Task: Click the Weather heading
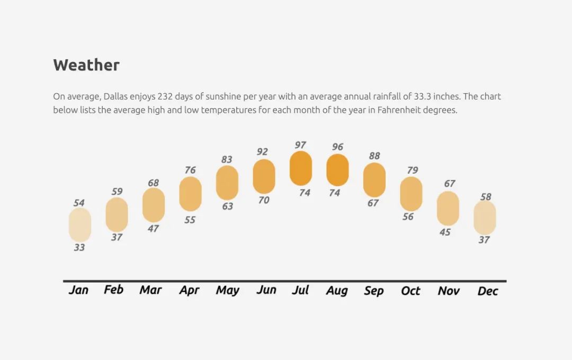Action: click(x=86, y=65)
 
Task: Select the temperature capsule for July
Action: click(x=301, y=168)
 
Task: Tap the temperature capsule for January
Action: click(x=80, y=224)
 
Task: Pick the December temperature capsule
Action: click(x=485, y=218)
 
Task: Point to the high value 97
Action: click(x=300, y=145)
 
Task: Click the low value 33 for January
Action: click(x=79, y=247)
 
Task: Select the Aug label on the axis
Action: click(x=337, y=291)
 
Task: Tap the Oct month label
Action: click(x=410, y=291)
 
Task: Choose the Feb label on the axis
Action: click(x=113, y=290)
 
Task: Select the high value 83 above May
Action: click(x=227, y=159)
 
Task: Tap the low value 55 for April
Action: click(x=190, y=220)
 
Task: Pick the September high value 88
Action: click(x=374, y=156)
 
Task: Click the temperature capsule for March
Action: click(x=154, y=205)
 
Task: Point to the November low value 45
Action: click(x=445, y=232)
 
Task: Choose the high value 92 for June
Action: click(x=262, y=151)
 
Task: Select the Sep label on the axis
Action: click(x=374, y=291)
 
